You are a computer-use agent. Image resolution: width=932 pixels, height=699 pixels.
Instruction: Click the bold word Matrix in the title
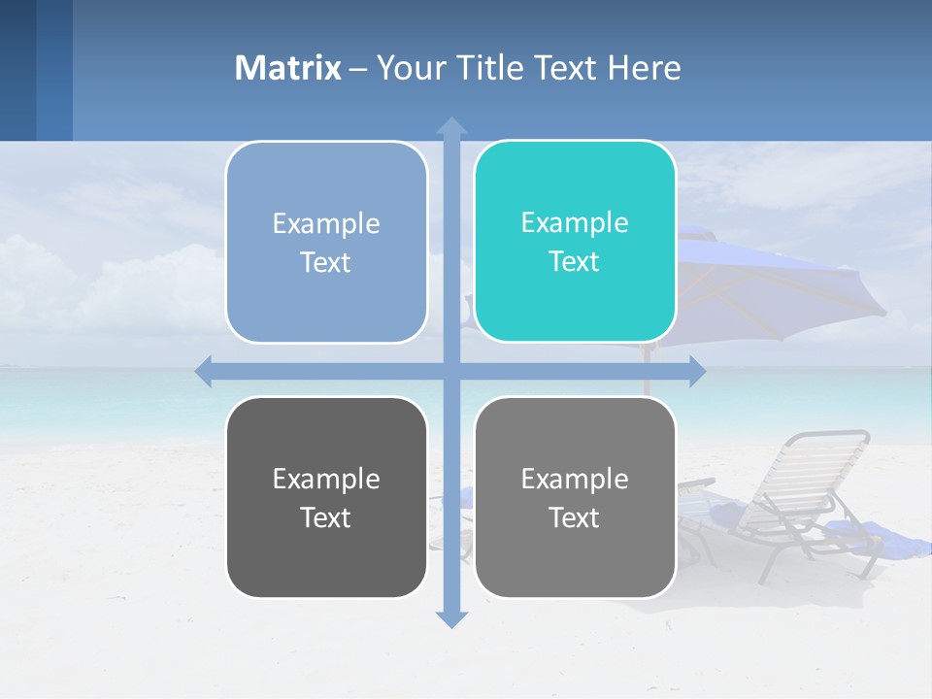click(x=288, y=68)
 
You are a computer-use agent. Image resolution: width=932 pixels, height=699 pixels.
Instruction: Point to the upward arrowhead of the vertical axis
click(x=451, y=125)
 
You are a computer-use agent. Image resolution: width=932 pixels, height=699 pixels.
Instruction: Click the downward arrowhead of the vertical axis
click(x=451, y=618)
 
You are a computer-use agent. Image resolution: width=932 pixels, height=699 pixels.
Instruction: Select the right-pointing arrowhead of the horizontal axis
click(x=697, y=371)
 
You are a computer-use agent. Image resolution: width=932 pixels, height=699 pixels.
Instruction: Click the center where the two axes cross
click(x=451, y=371)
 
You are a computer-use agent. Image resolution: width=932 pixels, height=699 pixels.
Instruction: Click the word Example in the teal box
click(x=575, y=222)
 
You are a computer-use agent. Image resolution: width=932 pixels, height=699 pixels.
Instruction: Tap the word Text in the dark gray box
click(x=326, y=517)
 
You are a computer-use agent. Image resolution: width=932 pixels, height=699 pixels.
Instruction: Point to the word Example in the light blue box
click(x=326, y=223)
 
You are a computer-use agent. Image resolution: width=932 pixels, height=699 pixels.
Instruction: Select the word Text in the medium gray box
click(x=575, y=517)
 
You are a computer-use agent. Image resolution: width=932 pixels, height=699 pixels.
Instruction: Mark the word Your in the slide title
click(x=409, y=68)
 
